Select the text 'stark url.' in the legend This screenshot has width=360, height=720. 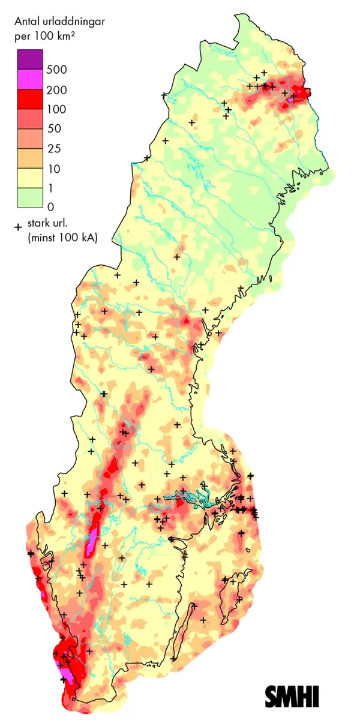tap(48, 226)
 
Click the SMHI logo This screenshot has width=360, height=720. tap(292, 696)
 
